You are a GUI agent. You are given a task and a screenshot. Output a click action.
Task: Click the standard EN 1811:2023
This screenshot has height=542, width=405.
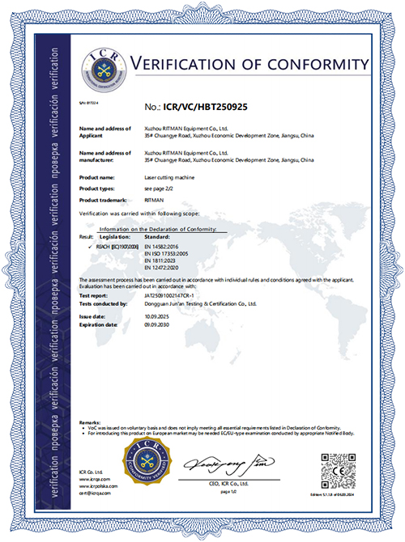(x=162, y=260)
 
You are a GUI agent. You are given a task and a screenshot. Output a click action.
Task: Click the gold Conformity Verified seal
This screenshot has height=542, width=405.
(x=143, y=464)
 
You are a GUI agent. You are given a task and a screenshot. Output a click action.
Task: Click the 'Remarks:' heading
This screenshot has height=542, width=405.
(x=90, y=422)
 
